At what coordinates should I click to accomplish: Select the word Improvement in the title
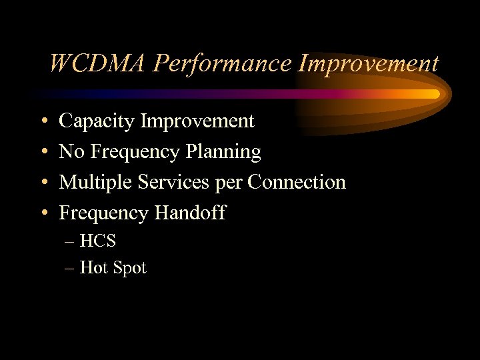pyautogui.click(x=369, y=64)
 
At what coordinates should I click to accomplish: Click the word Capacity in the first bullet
pyautogui.click(x=96, y=121)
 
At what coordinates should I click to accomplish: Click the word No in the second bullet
pyautogui.click(x=71, y=152)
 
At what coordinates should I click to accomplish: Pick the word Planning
pyautogui.click(x=224, y=152)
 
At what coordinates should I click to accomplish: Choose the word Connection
pyautogui.click(x=297, y=182)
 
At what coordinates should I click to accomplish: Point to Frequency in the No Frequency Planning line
pyautogui.click(x=133, y=153)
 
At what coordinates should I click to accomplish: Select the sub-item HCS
pyautogui.click(x=97, y=241)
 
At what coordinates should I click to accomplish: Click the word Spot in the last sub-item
pyautogui.click(x=129, y=268)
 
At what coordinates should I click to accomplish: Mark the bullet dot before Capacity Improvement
pyautogui.click(x=43, y=122)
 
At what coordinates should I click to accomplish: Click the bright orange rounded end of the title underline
pyautogui.click(x=433, y=94)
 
